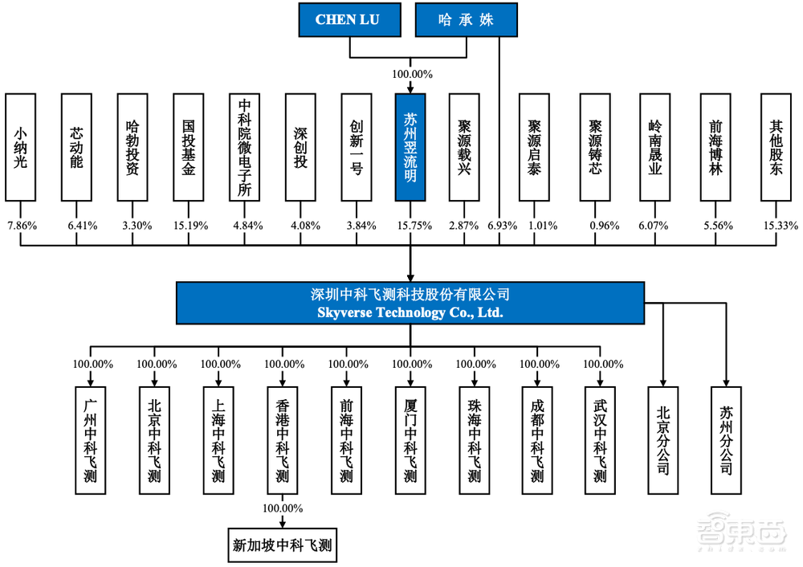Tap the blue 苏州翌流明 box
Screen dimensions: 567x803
[410, 147]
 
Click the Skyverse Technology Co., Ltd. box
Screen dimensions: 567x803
[410, 304]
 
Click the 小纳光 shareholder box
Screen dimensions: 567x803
[21, 147]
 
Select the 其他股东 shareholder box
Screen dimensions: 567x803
[776, 147]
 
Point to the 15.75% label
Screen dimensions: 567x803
[411, 226]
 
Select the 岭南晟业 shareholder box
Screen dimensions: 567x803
[655, 147]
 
